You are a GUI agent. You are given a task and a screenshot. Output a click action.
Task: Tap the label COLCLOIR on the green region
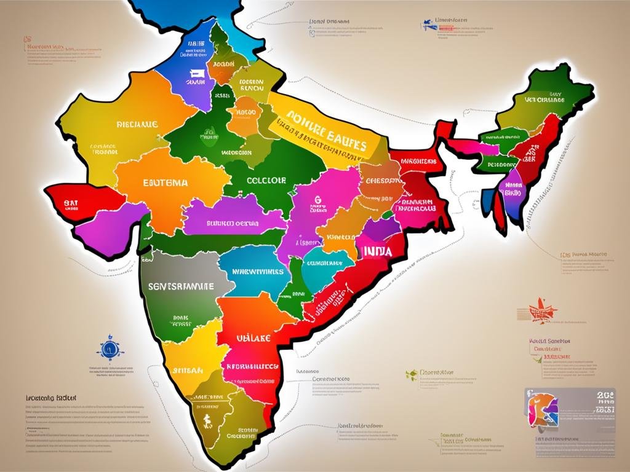[x=266, y=181]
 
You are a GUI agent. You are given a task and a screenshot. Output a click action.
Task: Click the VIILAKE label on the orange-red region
[x=253, y=337]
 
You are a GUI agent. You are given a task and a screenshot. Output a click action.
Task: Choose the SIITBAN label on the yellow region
[x=188, y=371]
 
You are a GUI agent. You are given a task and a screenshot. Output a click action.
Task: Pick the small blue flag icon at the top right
[x=426, y=26]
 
